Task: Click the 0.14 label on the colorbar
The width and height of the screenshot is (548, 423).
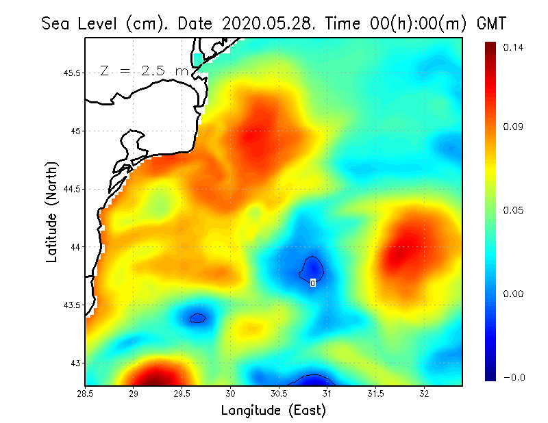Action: click(513, 47)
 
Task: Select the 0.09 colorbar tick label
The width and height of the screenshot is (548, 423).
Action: click(513, 127)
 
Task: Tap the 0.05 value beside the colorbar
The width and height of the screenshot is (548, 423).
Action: click(513, 210)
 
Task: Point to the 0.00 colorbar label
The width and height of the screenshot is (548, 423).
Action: click(513, 294)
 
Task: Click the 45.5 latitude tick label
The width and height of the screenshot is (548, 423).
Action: click(69, 73)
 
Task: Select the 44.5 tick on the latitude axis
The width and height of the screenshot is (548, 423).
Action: click(69, 189)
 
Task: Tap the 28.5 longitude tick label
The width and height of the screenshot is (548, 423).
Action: click(86, 394)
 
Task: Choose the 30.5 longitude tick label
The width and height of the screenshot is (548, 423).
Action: click(279, 394)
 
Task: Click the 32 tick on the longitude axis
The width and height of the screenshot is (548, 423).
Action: click(424, 394)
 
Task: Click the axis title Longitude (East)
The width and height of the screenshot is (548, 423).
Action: click(273, 410)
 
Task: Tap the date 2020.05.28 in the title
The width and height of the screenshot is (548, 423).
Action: click(266, 23)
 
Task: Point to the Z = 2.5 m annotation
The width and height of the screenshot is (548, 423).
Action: click(143, 70)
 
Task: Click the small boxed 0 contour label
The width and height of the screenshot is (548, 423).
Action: click(312, 283)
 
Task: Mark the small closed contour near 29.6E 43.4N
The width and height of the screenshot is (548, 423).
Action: click(198, 318)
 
